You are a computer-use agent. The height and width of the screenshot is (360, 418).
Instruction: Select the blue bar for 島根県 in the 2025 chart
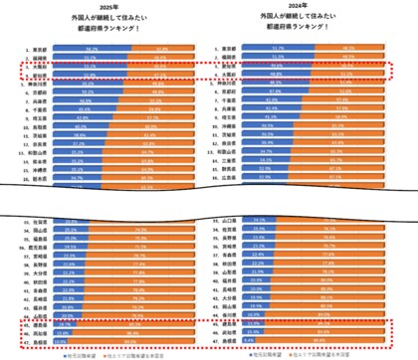74,342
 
